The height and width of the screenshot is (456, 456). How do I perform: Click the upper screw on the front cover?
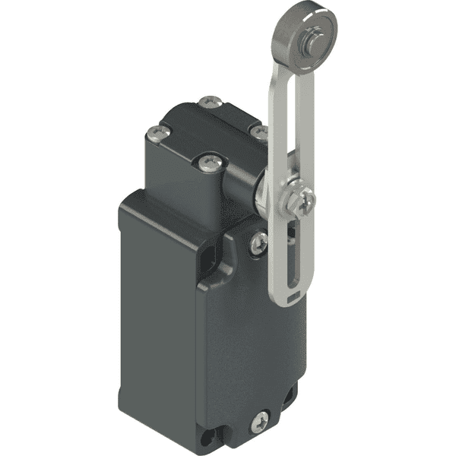click(259, 242)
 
